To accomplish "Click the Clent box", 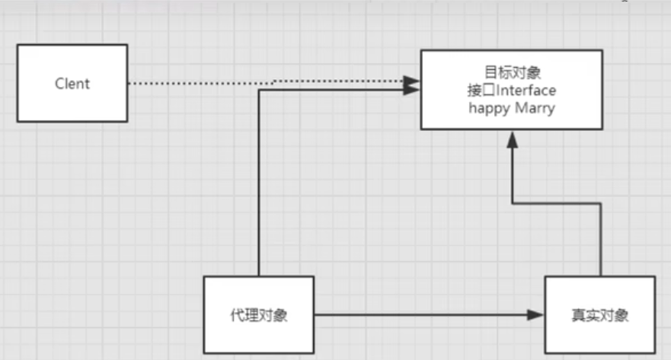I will (72, 83).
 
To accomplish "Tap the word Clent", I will (72, 84).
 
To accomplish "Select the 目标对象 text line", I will (512, 72).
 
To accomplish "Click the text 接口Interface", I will (512, 91).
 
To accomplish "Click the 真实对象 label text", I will (600, 315).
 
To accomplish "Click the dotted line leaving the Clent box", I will (198, 83).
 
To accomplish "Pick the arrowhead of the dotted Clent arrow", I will (412, 79).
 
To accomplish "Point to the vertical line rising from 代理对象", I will (260, 183).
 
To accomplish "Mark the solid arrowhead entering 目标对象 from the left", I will (412, 90).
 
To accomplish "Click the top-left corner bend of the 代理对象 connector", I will (260, 90).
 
